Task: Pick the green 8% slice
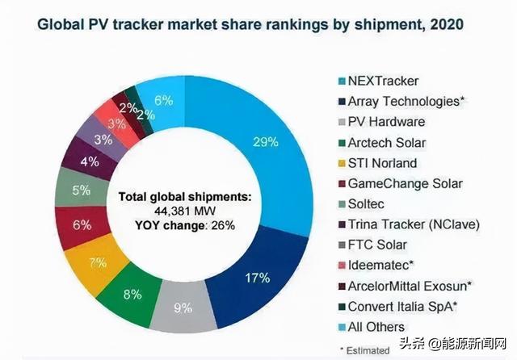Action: (131, 293)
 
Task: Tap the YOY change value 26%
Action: (222, 225)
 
